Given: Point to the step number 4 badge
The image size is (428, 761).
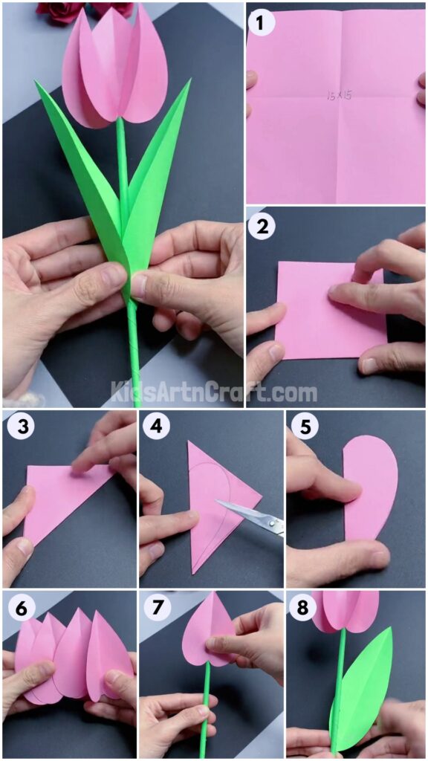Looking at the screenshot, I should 156,429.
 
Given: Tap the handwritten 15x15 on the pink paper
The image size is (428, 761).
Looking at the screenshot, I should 337,95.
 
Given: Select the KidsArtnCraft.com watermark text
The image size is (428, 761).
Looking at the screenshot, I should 214,390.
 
